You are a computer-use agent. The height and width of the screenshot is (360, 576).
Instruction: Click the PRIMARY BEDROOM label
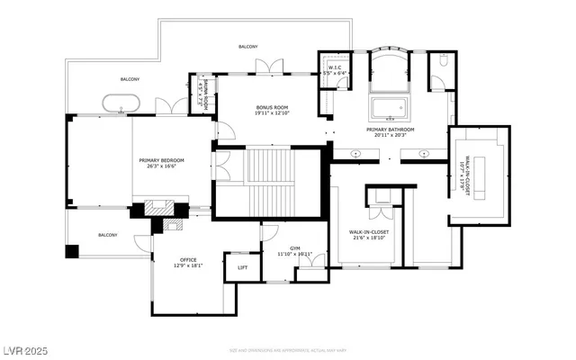(x=161, y=161)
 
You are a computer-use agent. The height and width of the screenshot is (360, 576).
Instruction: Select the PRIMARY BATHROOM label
(x=390, y=130)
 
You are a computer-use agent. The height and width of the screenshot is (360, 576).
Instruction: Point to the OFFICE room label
(x=187, y=260)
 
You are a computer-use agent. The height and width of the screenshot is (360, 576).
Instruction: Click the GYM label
(x=294, y=247)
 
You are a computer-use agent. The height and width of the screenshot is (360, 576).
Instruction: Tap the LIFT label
(x=242, y=267)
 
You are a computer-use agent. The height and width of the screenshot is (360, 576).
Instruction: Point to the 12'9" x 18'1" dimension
(x=187, y=265)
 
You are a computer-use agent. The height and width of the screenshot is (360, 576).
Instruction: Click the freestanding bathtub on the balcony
(x=121, y=103)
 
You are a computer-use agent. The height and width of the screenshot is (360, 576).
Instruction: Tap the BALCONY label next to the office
(x=107, y=235)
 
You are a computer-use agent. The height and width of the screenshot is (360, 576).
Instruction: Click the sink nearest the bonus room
(x=356, y=154)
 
